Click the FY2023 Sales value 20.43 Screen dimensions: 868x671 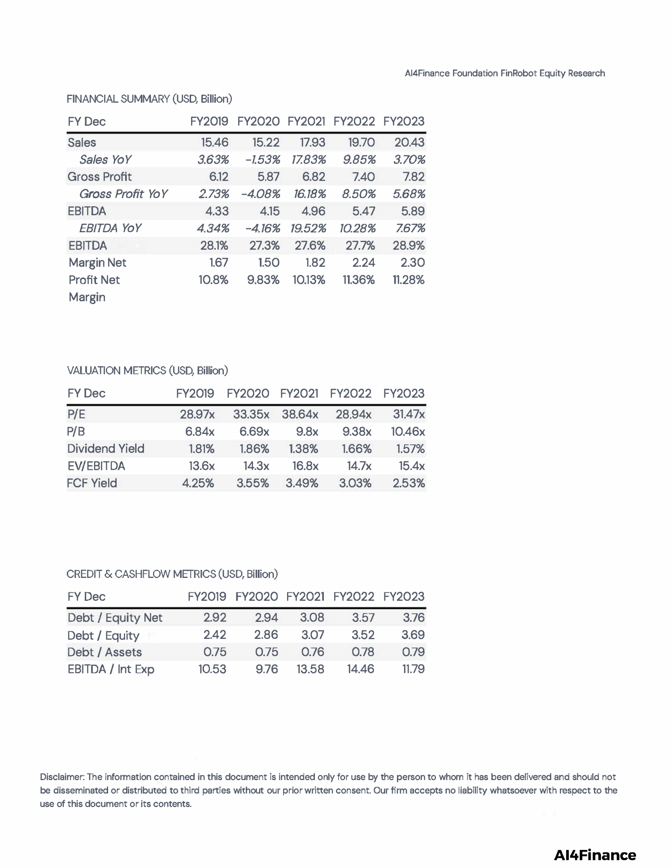tap(409, 143)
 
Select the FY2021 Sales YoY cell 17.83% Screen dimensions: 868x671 tap(309, 160)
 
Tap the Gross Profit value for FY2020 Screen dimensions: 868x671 tap(268, 177)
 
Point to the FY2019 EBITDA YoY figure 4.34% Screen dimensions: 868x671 tap(213, 228)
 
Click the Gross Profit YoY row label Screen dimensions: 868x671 tap(123, 194)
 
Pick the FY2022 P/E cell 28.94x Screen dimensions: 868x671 tap(353, 414)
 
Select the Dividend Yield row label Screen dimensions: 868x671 tap(106, 449)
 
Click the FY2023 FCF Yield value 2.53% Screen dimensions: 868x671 tap(409, 483)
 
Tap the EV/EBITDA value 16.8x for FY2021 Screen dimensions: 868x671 tap(305, 466)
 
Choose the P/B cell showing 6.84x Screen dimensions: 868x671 tap(200, 431)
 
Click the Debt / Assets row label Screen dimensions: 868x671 tap(105, 652)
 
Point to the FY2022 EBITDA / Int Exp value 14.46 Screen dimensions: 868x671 tap(360, 669)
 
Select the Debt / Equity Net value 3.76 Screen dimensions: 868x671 tap(413, 617)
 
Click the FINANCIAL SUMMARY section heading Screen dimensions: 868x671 tap(149, 99)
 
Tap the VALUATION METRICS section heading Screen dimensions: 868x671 tap(148, 371)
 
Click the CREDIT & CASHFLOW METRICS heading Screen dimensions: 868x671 tap(172, 574)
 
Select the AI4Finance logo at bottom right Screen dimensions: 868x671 tap(595, 855)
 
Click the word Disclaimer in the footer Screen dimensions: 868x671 tap(62, 777)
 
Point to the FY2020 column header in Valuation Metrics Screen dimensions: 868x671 tap(248, 394)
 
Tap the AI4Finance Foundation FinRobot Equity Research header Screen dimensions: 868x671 tap(505, 74)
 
